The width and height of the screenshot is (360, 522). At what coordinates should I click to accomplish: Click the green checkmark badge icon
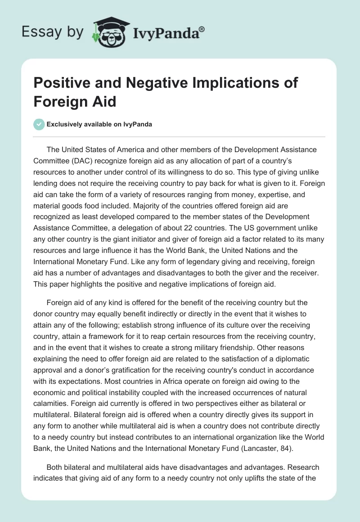40,124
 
